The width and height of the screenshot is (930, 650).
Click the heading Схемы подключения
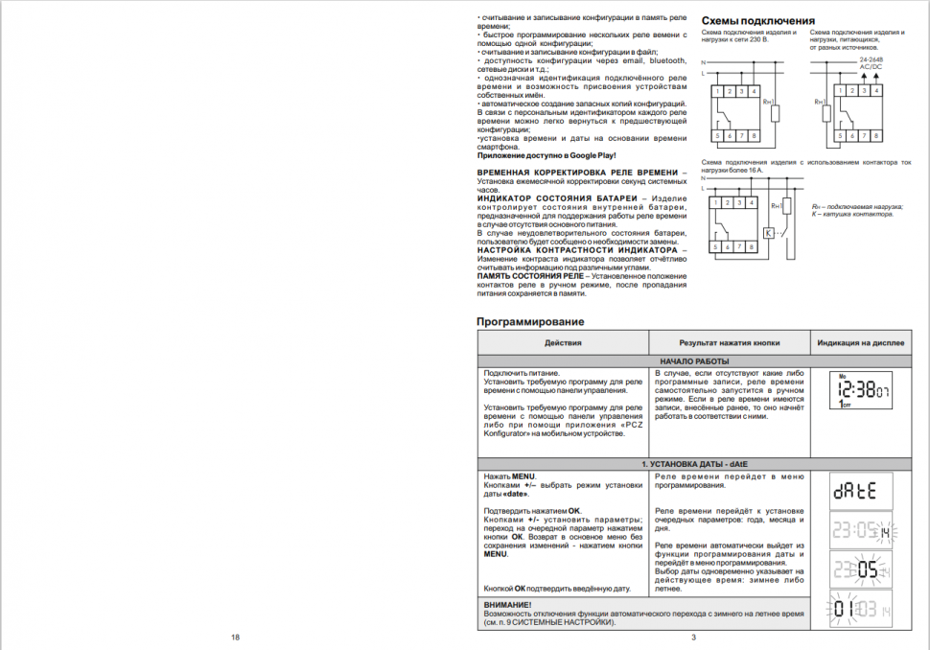pyautogui.click(x=757, y=21)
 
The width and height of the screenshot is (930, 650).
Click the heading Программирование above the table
pyautogui.click(x=530, y=321)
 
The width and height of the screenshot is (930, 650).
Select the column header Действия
pyautogui.click(x=563, y=342)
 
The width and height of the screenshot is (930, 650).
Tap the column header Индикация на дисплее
pyautogui.click(x=859, y=342)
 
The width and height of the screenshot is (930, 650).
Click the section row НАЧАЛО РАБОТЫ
pyautogui.click(x=692, y=360)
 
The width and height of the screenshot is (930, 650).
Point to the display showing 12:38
pyautogui.click(x=859, y=391)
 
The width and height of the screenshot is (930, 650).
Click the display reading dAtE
pyautogui.click(x=859, y=491)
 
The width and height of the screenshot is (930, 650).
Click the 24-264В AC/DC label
pyautogui.click(x=872, y=63)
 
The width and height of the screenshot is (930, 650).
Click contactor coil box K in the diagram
pyautogui.click(x=769, y=232)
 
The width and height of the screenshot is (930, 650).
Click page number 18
pyautogui.click(x=234, y=638)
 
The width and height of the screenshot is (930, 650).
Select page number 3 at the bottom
pyautogui.click(x=692, y=638)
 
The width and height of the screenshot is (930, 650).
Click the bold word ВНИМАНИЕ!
pyautogui.click(x=507, y=605)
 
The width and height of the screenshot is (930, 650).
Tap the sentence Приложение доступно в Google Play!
pyautogui.click(x=546, y=155)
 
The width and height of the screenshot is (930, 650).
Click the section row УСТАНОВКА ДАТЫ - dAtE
pyautogui.click(x=692, y=464)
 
